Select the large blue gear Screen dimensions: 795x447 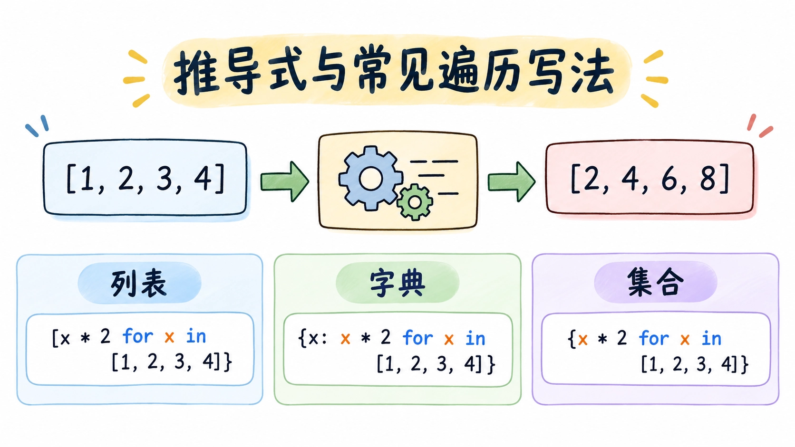coord(370,178)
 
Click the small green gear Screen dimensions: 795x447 coord(415,202)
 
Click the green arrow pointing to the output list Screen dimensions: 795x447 coord(512,181)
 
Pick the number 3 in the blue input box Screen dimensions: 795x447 coord(164,178)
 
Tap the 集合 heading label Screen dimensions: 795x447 coord(655,282)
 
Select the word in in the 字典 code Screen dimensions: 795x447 coord(475,338)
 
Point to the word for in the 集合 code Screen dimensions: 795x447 coord(653,338)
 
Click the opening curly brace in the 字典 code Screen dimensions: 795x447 coord(302,338)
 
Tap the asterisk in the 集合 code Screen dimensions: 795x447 coord(602,339)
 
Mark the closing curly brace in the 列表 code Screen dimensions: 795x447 coord(228,362)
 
